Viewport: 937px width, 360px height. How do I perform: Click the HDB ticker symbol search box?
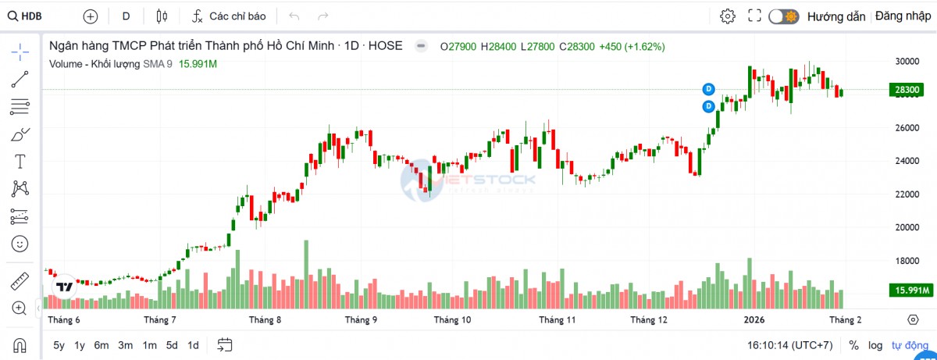click(x=31, y=16)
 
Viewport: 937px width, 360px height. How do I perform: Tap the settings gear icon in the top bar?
click(x=728, y=16)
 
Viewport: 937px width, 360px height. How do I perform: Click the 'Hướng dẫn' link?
click(x=836, y=16)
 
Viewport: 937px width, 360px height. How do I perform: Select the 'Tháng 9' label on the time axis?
click(x=361, y=320)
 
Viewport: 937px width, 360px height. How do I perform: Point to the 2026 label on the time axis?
click(x=753, y=320)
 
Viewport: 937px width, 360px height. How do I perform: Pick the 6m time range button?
click(x=102, y=345)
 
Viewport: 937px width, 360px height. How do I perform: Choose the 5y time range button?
click(x=59, y=345)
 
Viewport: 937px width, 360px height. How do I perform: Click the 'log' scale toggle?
click(x=876, y=345)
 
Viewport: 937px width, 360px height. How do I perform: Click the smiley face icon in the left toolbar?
click(x=20, y=244)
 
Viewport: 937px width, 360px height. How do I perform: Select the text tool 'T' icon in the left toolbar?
click(x=20, y=162)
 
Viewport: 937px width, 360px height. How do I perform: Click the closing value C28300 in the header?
click(x=576, y=47)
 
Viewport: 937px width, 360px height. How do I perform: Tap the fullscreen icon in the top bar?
click(x=754, y=16)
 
